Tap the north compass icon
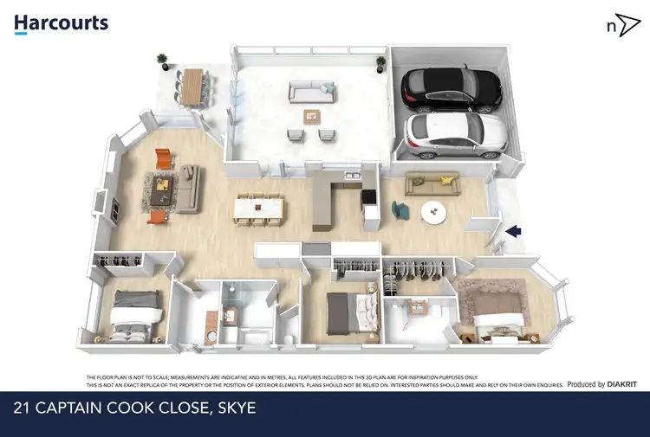click(x=618, y=25)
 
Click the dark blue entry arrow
click(x=513, y=231)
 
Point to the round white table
click(x=432, y=210)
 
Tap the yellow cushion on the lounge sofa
click(x=446, y=180)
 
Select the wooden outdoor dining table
click(x=193, y=84)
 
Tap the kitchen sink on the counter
click(x=351, y=178)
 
